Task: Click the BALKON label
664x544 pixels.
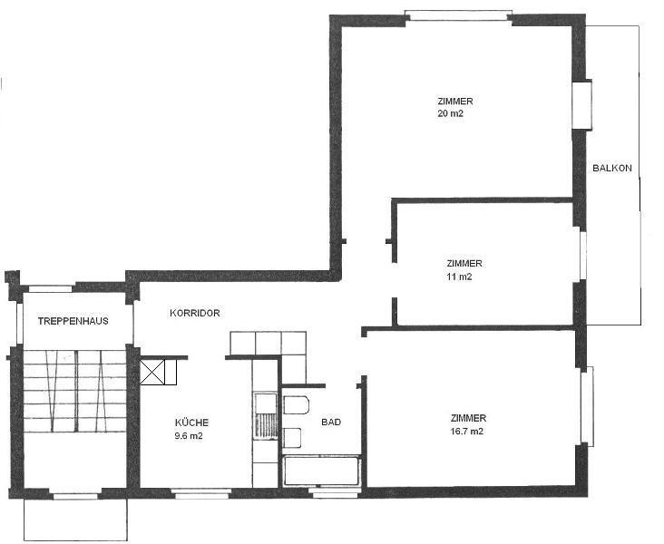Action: point(612,168)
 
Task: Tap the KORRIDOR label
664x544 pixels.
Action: point(195,314)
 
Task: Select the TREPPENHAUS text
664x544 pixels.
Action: point(73,321)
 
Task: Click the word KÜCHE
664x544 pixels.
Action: point(191,423)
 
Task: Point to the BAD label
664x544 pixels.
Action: point(331,423)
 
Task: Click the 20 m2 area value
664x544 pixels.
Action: point(451,113)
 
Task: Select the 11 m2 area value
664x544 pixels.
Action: point(460,277)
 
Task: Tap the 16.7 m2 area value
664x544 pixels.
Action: point(467,432)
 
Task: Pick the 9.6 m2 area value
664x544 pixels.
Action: point(189,435)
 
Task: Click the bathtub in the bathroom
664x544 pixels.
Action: point(322,471)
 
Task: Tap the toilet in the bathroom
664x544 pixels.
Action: point(296,405)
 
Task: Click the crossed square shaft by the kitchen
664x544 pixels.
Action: point(152,373)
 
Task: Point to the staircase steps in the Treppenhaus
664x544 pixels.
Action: point(75,391)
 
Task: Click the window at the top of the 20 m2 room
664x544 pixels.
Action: point(459,15)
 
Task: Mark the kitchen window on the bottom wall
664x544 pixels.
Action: point(201,493)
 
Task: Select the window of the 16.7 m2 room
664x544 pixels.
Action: point(588,406)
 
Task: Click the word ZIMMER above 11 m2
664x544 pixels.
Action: point(464,263)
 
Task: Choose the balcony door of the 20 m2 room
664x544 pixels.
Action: point(581,104)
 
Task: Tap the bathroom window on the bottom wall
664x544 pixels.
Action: point(335,492)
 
